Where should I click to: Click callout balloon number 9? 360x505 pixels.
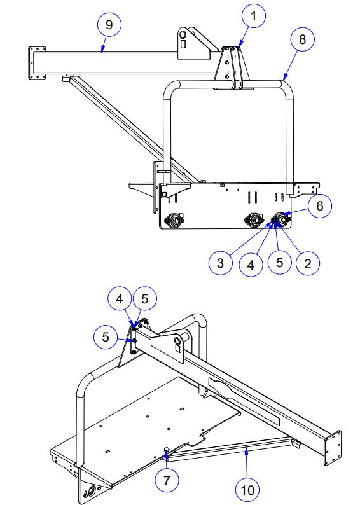pyautogui.click(x=109, y=24)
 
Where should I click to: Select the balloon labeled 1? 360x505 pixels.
pyautogui.click(x=254, y=17)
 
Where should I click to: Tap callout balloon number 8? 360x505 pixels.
pyautogui.click(x=302, y=39)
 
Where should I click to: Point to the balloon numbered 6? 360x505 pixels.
pyautogui.click(x=319, y=205)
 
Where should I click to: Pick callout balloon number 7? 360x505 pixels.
pyautogui.click(x=167, y=480)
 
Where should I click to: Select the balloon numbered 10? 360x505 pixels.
pyautogui.click(x=247, y=490)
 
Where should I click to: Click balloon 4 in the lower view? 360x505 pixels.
pyautogui.click(x=121, y=298)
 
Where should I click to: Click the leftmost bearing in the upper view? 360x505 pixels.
pyautogui.click(x=172, y=220)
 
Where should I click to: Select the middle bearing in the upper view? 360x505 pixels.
pyautogui.click(x=254, y=219)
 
